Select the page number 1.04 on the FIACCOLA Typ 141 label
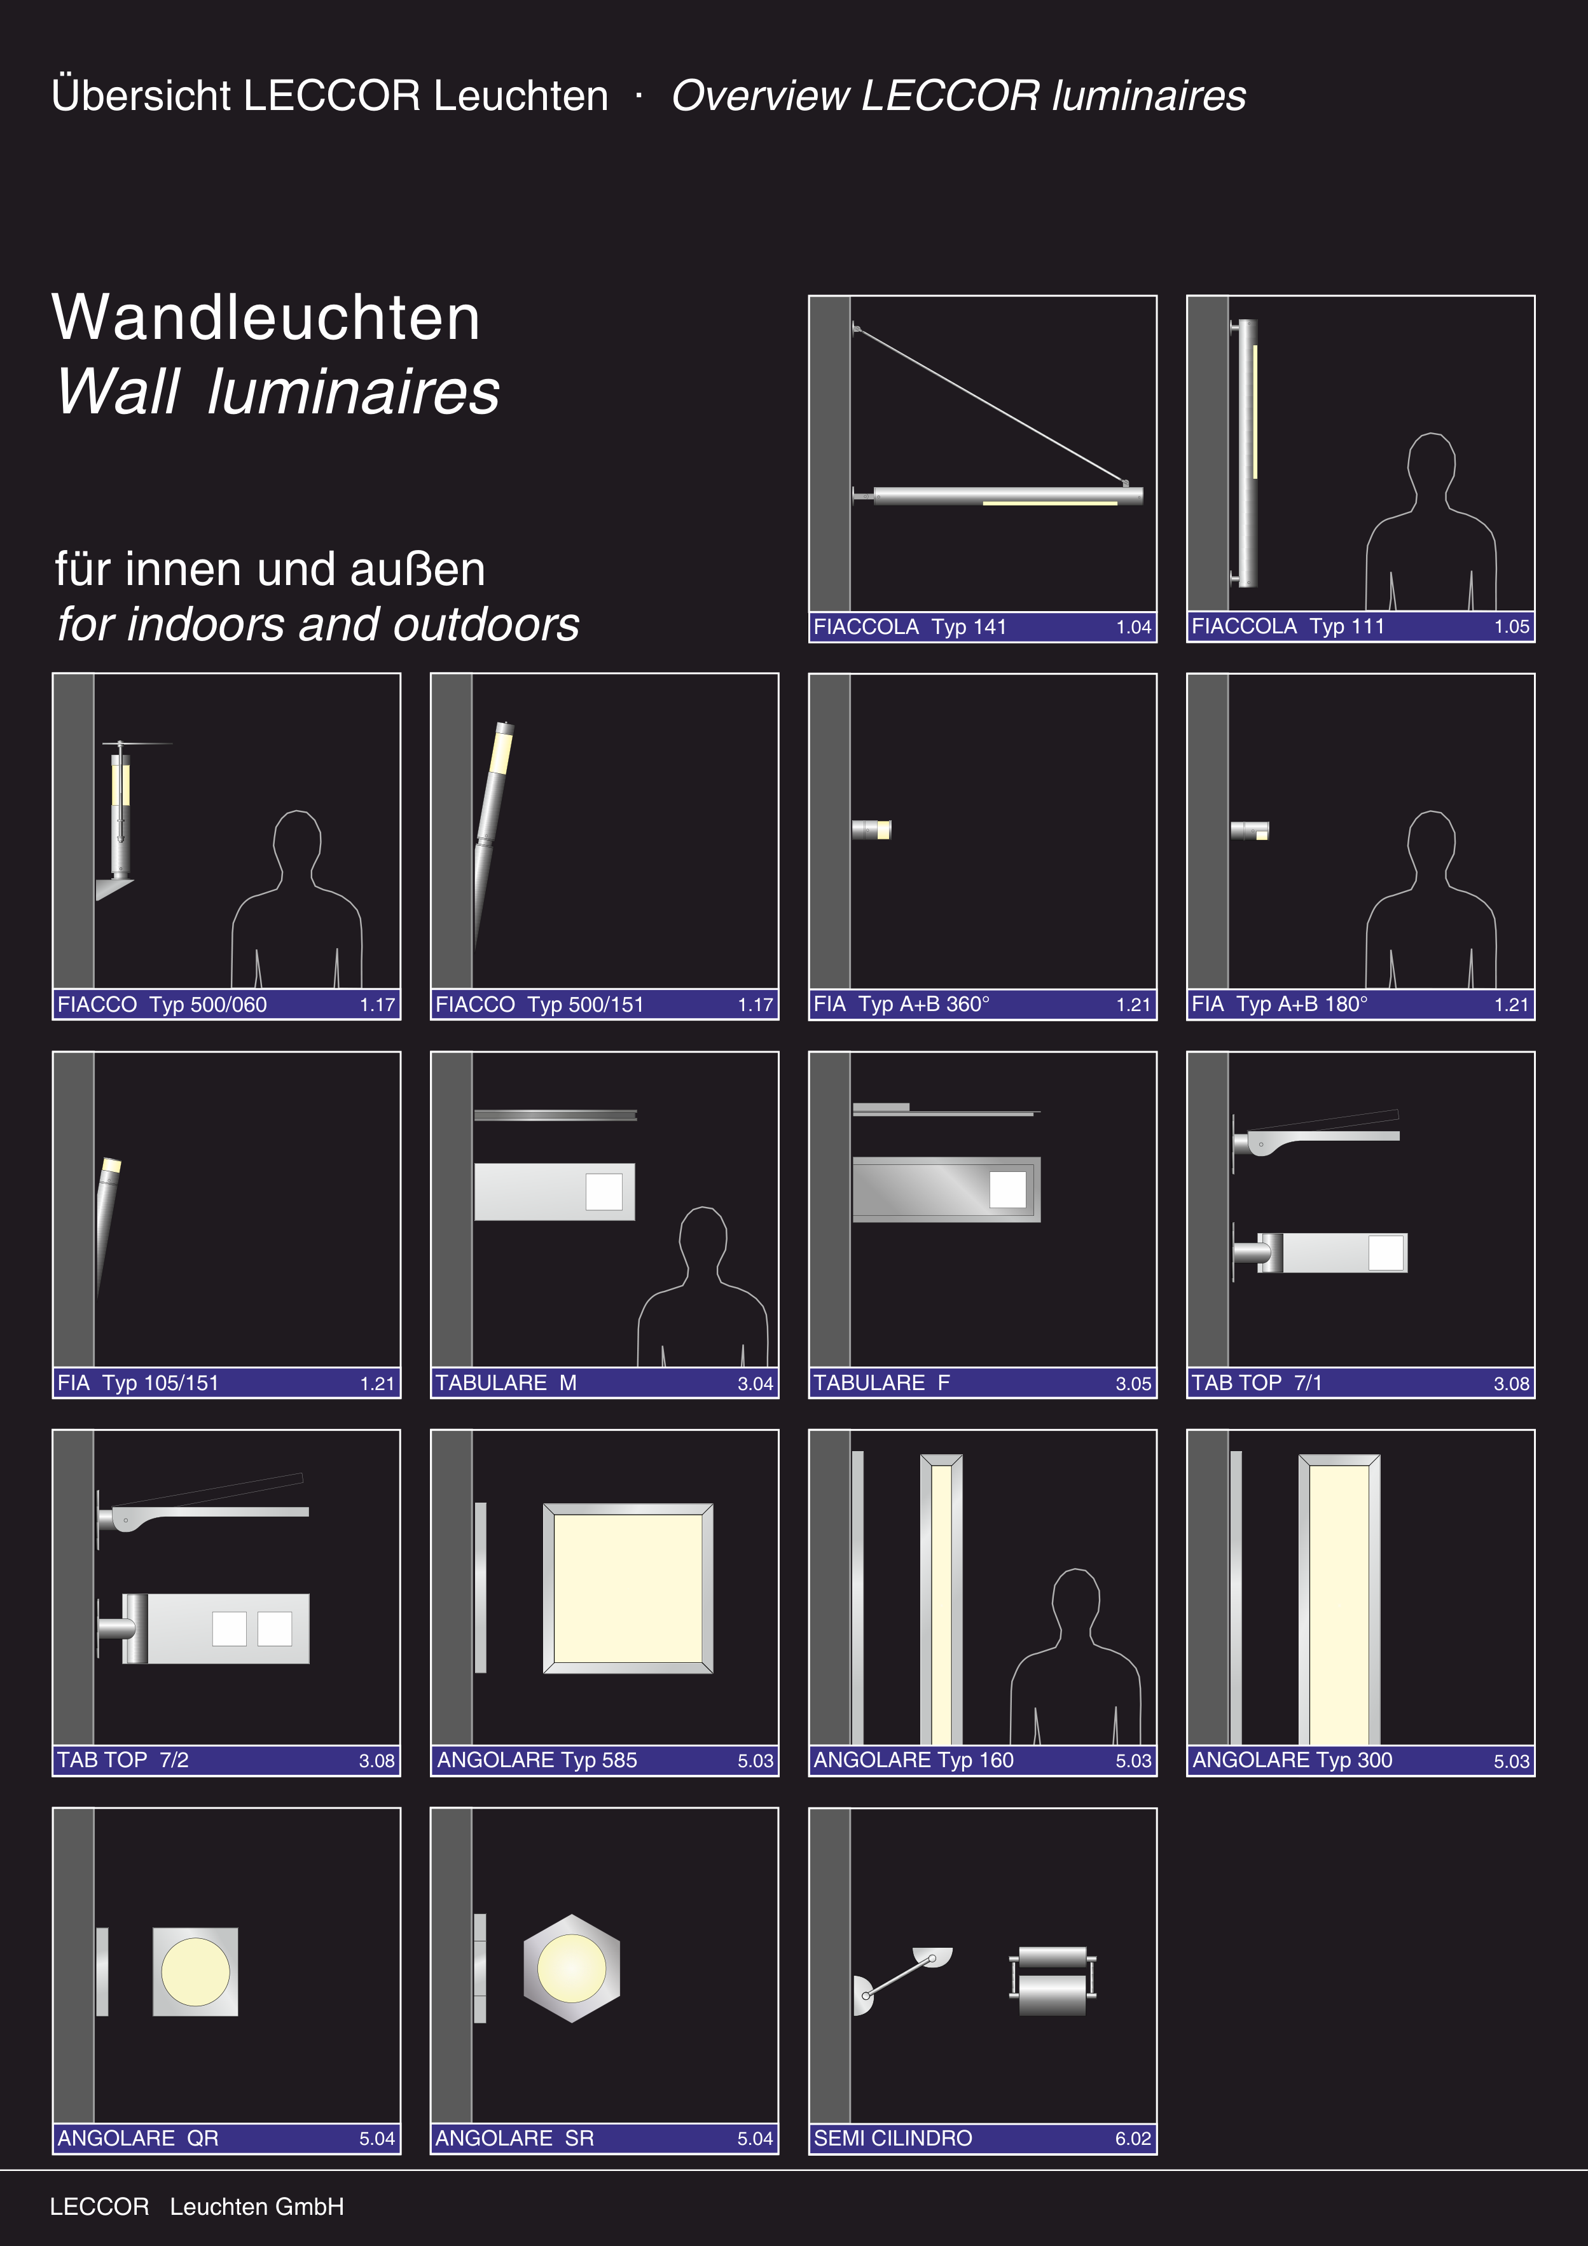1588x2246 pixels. click(x=1133, y=627)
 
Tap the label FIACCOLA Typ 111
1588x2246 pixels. click(x=1288, y=626)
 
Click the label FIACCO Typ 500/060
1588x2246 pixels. click(x=162, y=1005)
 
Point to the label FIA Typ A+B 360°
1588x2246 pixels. click(x=901, y=1005)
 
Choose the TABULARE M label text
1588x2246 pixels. click(x=506, y=1382)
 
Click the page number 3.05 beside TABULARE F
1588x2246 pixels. click(x=1133, y=1383)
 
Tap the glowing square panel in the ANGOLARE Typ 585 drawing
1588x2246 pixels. click(x=628, y=1588)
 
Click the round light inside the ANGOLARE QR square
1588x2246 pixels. click(x=196, y=1971)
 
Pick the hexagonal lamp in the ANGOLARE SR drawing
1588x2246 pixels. click(x=571, y=1967)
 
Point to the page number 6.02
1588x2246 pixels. click(x=1133, y=2139)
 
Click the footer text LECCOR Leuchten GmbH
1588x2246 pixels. click(x=197, y=2207)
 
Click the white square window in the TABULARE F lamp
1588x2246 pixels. click(x=1008, y=1190)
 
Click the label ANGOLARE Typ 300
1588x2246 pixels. click(x=1292, y=1760)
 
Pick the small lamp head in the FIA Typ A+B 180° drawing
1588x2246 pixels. click(x=1250, y=830)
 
